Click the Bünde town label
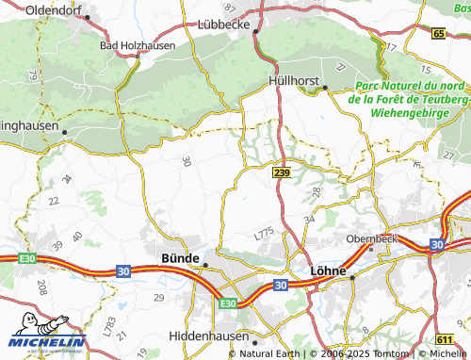tap(180, 257)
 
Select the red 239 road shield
tap(281, 173)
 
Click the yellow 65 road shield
tap(439, 34)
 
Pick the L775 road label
tap(264, 231)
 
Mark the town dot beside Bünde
tap(205, 265)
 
